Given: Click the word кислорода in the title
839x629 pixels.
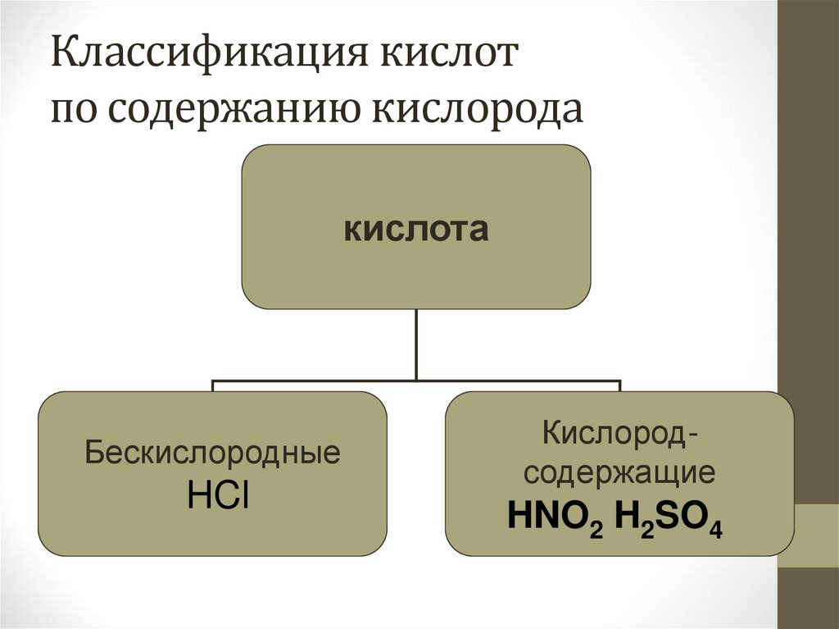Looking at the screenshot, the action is pyautogui.click(x=479, y=110).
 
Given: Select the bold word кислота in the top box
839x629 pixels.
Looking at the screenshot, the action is pyautogui.click(x=416, y=230).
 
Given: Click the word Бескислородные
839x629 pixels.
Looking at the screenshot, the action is pyautogui.click(x=212, y=454).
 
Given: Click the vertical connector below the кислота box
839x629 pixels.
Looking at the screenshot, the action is pyautogui.click(x=416, y=344).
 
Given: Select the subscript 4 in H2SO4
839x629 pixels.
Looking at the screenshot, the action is pyautogui.click(x=717, y=531).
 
